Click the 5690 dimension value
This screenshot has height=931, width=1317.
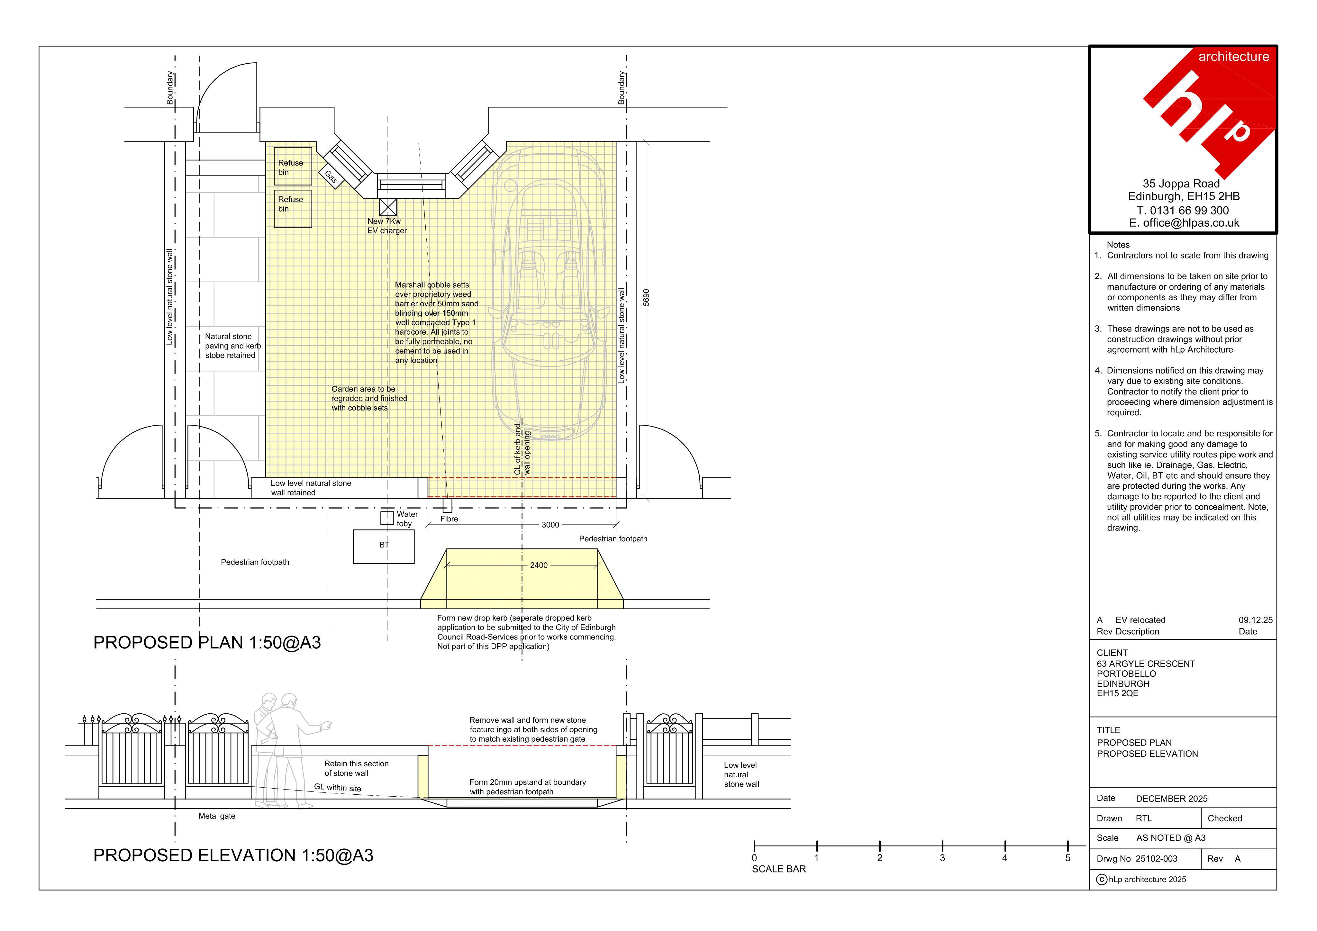pos(647,297)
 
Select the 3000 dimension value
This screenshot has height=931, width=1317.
pos(550,525)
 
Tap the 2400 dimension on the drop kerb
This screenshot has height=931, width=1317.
pos(539,565)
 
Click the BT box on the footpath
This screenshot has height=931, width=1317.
pos(384,546)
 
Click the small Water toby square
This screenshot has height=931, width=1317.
pos(387,519)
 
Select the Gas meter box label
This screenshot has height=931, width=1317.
pos(331,177)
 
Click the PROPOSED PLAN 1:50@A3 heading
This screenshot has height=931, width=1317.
pos(207,642)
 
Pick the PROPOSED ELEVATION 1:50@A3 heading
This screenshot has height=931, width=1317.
pos(233,855)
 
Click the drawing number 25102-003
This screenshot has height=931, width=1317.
pos(1156,859)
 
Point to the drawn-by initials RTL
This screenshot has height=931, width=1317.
pos(1144,818)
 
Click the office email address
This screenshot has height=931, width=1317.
pos(1184,223)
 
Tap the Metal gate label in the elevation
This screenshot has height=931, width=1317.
pos(217,816)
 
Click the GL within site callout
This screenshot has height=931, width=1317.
pos(338,788)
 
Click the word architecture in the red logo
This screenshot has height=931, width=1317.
pos(1234,57)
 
